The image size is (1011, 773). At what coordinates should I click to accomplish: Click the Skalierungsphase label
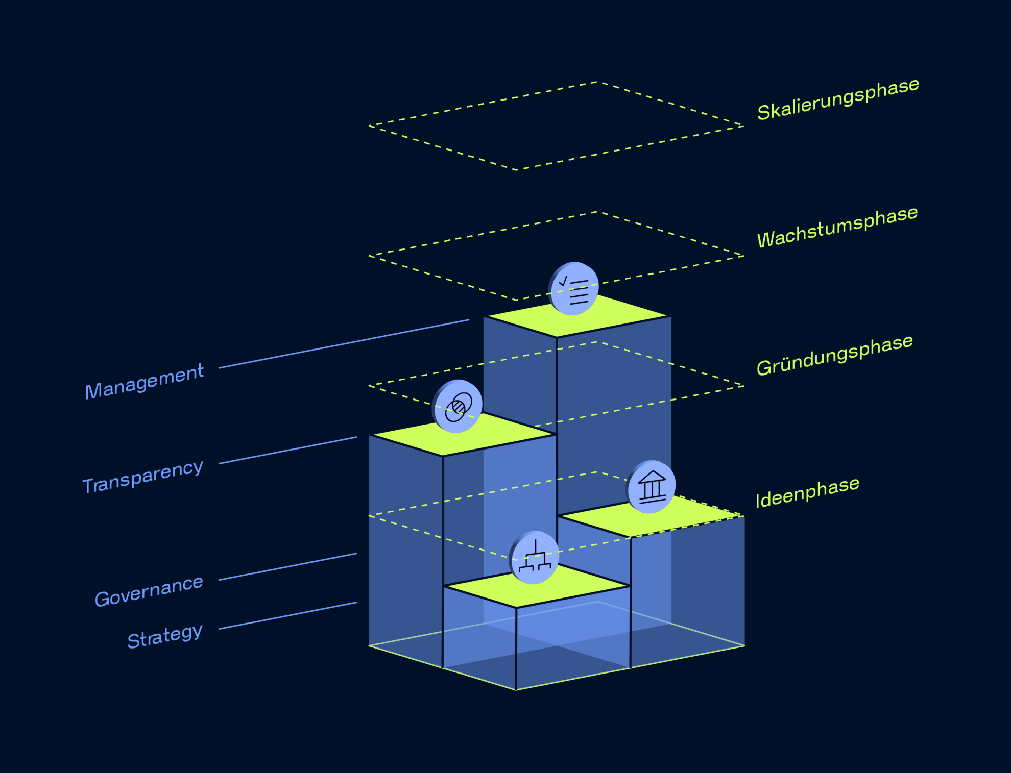click(838, 99)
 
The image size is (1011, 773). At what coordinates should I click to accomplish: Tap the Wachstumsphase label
click(837, 227)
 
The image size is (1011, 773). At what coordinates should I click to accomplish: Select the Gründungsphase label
click(835, 355)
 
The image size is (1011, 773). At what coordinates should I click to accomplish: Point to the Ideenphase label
click(808, 492)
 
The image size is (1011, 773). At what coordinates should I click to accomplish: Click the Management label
click(145, 381)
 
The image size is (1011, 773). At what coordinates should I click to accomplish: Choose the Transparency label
click(143, 477)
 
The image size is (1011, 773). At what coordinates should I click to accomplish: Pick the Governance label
click(149, 591)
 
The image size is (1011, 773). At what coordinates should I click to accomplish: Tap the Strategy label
click(165, 636)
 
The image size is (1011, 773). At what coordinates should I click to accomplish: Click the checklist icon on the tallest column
click(574, 289)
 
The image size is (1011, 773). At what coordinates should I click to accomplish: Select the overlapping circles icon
click(458, 407)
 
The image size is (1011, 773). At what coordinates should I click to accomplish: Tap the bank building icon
click(651, 487)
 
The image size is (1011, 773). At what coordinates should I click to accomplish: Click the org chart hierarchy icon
click(534, 557)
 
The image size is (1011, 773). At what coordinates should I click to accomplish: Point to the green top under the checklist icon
click(577, 316)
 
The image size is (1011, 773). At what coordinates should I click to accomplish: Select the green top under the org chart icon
click(537, 586)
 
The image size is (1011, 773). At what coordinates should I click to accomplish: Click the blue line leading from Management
click(344, 344)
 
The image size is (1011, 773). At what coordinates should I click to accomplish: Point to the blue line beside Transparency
click(288, 451)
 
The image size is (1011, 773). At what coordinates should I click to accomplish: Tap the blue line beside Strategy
click(288, 616)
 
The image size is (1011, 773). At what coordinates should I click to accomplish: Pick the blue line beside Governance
click(288, 566)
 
